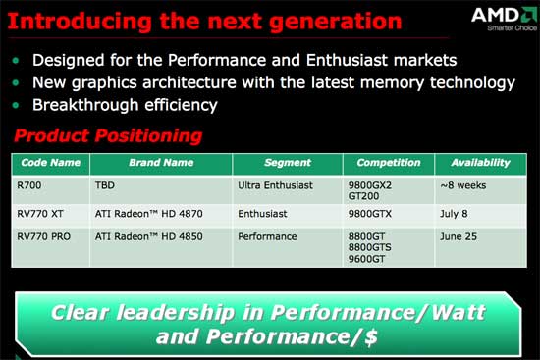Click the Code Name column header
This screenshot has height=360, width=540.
(49, 163)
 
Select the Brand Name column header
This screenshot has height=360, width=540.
(160, 163)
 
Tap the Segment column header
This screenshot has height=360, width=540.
(289, 163)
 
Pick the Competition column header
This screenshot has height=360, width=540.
(389, 163)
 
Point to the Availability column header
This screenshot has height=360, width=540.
(480, 163)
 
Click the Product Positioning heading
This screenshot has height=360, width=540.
(107, 135)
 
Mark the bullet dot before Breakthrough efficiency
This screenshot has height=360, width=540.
(17, 105)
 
